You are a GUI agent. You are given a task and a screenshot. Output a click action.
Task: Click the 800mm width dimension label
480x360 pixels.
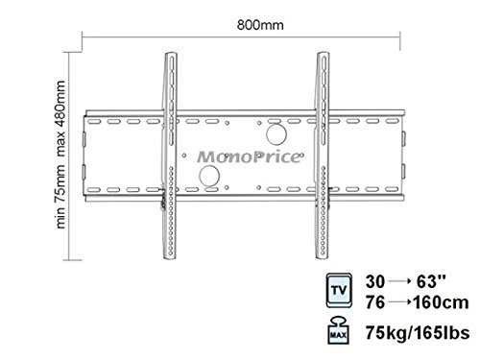click(260, 25)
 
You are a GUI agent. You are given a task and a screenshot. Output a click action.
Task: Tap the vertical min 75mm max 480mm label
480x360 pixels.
click(60, 155)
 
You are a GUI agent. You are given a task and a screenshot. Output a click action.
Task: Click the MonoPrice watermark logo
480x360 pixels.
click(250, 156)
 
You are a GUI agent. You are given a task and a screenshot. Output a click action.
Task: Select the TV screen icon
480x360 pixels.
click(339, 291)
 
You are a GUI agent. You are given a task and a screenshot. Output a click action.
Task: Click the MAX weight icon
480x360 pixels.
click(338, 330)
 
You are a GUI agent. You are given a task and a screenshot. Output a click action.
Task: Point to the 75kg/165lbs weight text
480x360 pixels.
click(418, 332)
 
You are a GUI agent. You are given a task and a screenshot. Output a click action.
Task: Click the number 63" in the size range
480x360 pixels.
click(431, 281)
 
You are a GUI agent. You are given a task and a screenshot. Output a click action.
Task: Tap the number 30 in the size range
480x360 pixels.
click(375, 281)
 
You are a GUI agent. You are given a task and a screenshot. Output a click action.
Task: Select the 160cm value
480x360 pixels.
click(441, 302)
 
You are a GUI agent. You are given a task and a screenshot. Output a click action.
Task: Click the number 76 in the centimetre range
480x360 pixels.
click(375, 302)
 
